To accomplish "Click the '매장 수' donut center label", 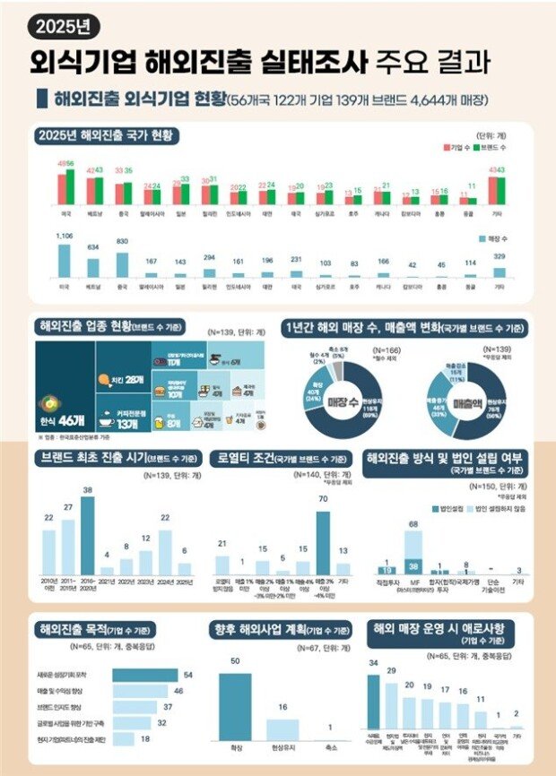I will click(342, 400).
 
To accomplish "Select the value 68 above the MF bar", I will click(413, 523).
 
